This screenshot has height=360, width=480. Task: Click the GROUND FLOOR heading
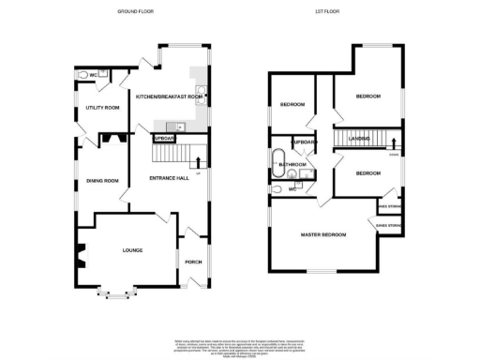click(x=135, y=11)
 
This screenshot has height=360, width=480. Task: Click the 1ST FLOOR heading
click(x=327, y=11)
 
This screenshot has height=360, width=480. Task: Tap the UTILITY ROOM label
click(x=102, y=108)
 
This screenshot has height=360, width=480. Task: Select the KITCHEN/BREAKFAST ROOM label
click(x=170, y=97)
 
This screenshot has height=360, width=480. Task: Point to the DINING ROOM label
click(x=102, y=180)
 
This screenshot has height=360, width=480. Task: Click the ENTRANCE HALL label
click(x=170, y=177)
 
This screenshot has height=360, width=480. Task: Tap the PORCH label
click(x=193, y=262)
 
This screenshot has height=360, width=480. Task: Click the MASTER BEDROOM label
click(x=323, y=233)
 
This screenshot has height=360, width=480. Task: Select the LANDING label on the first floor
click(x=359, y=140)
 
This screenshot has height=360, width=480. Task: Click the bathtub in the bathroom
click(x=279, y=157)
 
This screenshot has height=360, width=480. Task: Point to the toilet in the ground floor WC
click(x=82, y=74)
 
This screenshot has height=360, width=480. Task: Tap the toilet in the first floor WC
click(x=277, y=188)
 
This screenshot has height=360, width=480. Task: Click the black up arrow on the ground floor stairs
click(x=198, y=161)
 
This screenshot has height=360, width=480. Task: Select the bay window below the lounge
click(x=116, y=294)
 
